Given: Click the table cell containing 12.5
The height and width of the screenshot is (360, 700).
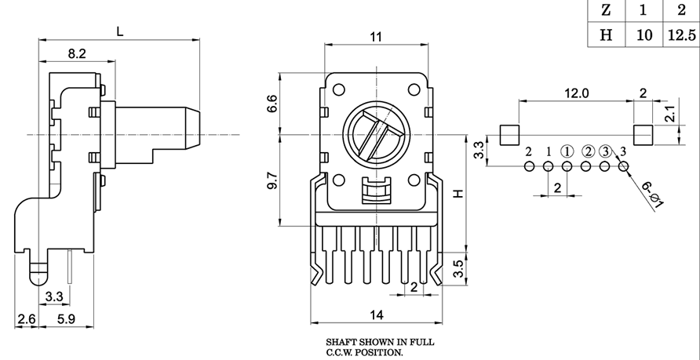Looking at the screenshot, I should coord(680,35).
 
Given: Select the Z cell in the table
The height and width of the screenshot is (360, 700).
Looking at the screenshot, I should coord(605,11).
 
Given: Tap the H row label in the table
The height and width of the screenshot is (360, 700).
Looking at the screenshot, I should coord(605,35).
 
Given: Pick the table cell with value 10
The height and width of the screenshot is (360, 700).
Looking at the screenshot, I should coord(643,35).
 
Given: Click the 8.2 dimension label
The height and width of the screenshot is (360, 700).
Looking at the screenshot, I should coord(77,53).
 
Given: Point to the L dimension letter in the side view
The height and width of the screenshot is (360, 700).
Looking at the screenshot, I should coord(119,31).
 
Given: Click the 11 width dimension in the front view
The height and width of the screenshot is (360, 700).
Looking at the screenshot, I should coord(376,37).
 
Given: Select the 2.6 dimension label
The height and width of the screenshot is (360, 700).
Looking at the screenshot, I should coord(26,319).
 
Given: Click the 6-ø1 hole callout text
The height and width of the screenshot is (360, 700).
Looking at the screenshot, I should coord(653,195).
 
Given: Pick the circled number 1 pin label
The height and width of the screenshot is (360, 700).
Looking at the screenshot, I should coord(567,151).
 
